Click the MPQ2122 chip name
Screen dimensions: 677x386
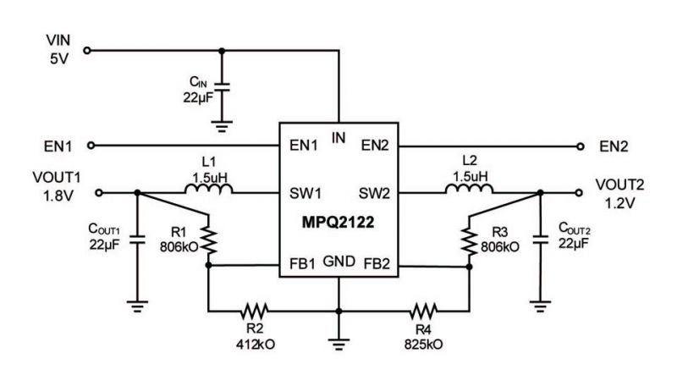[x=338, y=223]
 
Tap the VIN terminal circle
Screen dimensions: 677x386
[x=87, y=51]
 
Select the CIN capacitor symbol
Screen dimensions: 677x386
[x=222, y=87]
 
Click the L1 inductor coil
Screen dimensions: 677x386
[x=208, y=189]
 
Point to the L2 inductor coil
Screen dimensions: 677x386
[x=470, y=189]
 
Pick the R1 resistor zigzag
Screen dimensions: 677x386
[x=208, y=240]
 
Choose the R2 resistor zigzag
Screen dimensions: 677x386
[x=255, y=311]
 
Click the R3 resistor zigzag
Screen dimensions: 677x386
[x=470, y=240]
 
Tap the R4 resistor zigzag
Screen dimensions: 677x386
[x=424, y=311]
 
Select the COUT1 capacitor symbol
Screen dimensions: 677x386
[x=138, y=240]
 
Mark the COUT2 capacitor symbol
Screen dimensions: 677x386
[x=540, y=240]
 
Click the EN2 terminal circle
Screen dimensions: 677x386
[x=581, y=146]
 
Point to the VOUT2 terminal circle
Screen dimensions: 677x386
[x=580, y=192]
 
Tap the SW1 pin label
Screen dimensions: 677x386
[x=305, y=194]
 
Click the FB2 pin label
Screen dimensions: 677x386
[x=377, y=264]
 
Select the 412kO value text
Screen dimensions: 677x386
[x=256, y=345]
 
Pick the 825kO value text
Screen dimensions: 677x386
[x=424, y=345]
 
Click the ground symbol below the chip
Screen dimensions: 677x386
[x=338, y=345]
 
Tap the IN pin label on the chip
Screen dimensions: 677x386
[x=338, y=138]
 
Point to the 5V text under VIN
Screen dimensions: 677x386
[x=59, y=58]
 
